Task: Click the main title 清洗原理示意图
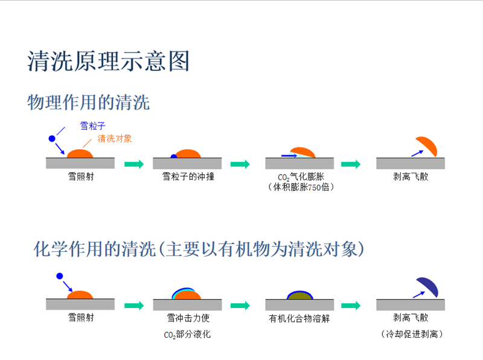109,61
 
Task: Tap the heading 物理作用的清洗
89,102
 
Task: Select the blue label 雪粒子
93,126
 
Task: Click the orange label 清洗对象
115,139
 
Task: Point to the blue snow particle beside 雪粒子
52,139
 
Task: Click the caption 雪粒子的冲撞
188,176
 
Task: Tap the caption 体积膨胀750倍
301,187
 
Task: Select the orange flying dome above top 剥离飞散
427,146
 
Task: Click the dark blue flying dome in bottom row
428,286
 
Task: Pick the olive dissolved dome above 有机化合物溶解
299,295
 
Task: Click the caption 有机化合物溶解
299,318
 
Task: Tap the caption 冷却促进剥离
412,334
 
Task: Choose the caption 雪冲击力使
188,318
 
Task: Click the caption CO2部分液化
187,335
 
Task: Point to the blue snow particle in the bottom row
60,276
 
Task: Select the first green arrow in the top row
134,164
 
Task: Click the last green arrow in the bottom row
351,306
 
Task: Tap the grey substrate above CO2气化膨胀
299,163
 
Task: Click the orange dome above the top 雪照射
80,153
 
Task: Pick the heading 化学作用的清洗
95,249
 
